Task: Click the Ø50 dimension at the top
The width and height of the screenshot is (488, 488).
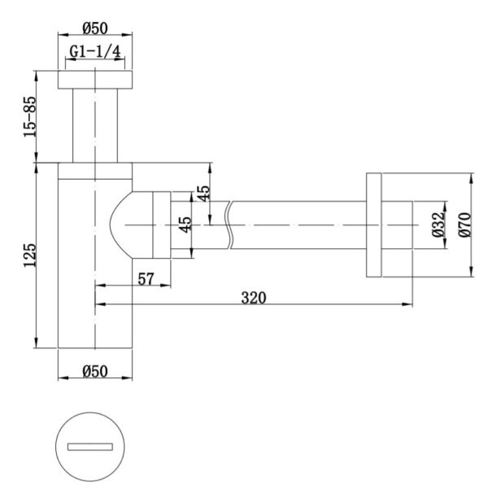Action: (95, 28)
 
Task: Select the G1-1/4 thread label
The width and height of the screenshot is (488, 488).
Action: (95, 51)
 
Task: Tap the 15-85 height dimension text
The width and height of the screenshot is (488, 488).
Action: (30, 116)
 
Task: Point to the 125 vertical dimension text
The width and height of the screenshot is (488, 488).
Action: (30, 255)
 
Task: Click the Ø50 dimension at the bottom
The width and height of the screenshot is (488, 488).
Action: (95, 372)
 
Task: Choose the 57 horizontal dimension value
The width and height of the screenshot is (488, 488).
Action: (146, 279)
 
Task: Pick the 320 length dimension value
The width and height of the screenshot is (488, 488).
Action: (254, 298)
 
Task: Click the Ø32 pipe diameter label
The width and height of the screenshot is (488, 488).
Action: (438, 224)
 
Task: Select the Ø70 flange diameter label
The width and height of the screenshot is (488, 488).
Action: (465, 224)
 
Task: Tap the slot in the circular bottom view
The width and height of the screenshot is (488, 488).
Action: (90, 447)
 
